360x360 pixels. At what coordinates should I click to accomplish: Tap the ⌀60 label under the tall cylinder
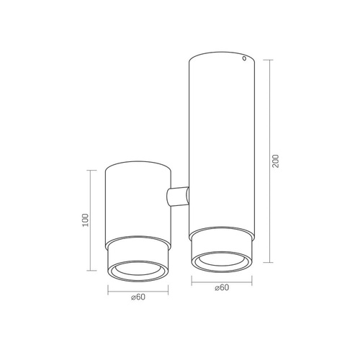[x=222, y=287]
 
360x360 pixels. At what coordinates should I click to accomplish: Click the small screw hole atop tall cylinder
[x=245, y=59]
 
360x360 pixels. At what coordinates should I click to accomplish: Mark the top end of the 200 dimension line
[x=269, y=60]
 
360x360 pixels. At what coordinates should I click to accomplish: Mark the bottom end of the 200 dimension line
[x=269, y=262]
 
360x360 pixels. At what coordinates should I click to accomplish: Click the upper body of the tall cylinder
[x=222, y=130]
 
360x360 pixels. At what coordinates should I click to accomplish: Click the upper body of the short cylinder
[x=138, y=202]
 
